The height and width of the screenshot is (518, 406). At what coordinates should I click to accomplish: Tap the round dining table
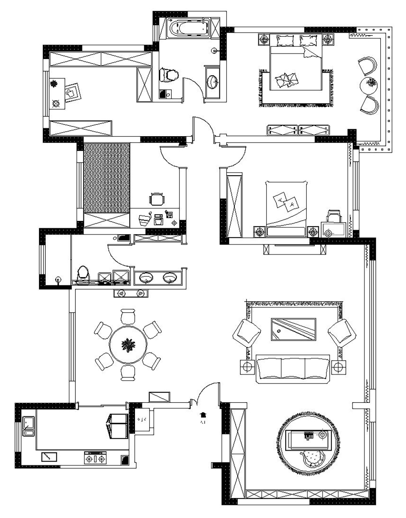[128, 345]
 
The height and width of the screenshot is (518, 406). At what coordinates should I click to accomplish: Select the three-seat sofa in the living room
[293, 369]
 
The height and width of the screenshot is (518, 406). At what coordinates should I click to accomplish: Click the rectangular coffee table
[293, 329]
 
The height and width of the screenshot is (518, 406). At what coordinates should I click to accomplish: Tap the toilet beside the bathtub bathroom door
[168, 75]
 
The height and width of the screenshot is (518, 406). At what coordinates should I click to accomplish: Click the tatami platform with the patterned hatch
[107, 178]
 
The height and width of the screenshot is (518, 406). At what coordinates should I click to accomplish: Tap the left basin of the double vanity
[146, 278]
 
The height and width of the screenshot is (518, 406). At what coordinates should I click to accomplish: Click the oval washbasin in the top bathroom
[212, 82]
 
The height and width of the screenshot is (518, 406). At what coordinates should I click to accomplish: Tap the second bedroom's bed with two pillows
[287, 207]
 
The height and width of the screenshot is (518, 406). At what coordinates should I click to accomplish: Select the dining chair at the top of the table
[128, 316]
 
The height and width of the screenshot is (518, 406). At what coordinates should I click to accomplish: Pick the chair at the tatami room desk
[157, 199]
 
